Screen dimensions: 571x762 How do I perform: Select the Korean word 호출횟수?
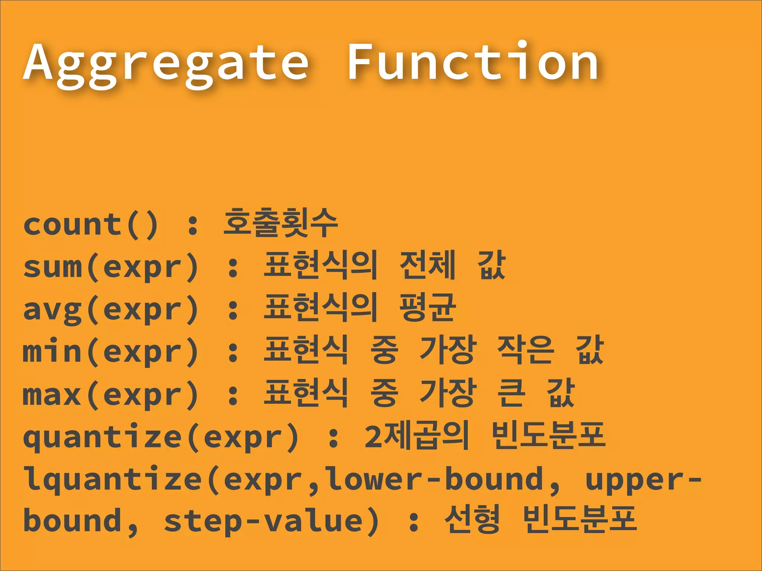pyautogui.click(x=280, y=223)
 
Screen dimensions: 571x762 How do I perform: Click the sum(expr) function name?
pyautogui.click(x=111, y=267)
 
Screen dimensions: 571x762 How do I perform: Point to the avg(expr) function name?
pyautogui.click(x=111, y=309)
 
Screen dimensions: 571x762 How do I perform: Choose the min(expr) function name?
pyautogui.click(x=111, y=352)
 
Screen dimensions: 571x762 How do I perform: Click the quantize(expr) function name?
pyautogui.click(x=161, y=437)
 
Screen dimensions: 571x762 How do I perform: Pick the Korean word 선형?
pyautogui.click(x=472, y=520)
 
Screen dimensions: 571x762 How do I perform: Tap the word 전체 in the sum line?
pyautogui.click(x=427, y=265)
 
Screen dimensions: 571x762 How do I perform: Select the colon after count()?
pyautogui.click(x=193, y=225)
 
